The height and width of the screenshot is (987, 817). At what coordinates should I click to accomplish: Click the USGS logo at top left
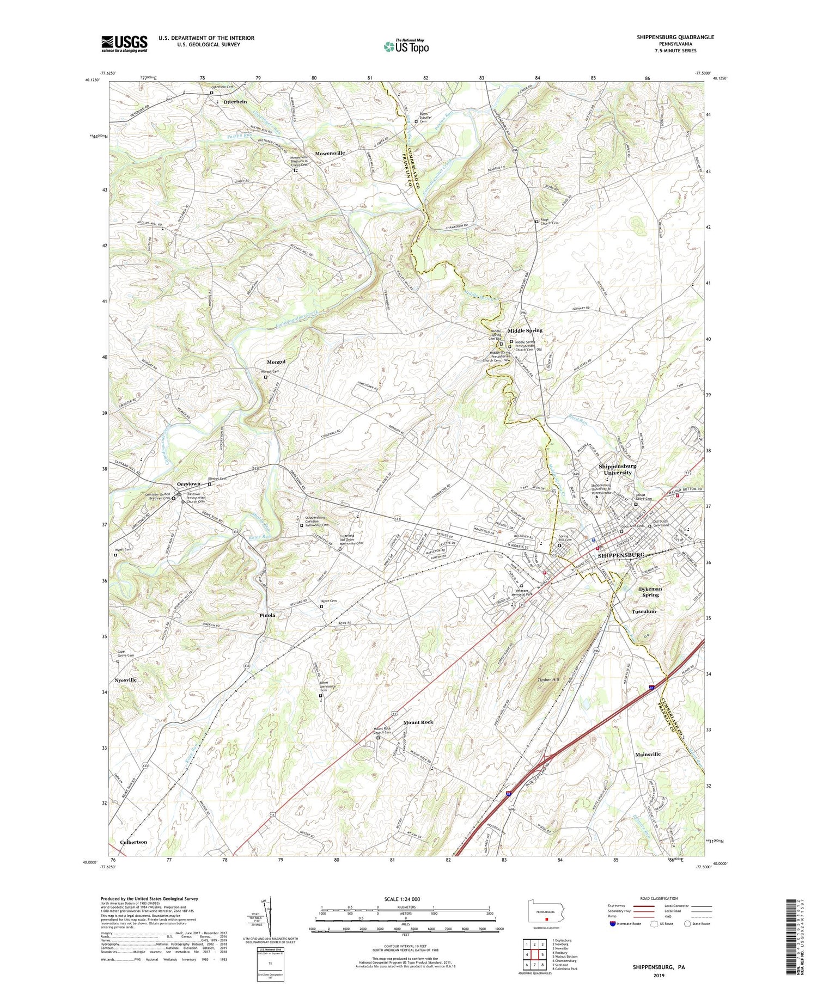tap(124, 44)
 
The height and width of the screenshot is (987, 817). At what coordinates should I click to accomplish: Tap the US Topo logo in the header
tap(406, 46)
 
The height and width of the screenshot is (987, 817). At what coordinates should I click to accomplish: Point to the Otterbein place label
tap(235, 102)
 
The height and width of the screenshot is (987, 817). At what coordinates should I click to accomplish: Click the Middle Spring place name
tap(525, 330)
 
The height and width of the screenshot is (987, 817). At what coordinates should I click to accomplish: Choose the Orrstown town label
tap(188, 483)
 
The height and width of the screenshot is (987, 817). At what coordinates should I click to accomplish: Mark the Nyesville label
tap(125, 680)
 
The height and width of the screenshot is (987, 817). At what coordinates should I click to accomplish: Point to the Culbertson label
tap(133, 842)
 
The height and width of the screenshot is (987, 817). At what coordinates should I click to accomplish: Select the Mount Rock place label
tap(418, 722)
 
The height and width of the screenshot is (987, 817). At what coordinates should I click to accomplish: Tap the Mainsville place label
tap(648, 754)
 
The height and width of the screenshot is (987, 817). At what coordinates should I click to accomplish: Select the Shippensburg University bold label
tap(617, 469)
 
